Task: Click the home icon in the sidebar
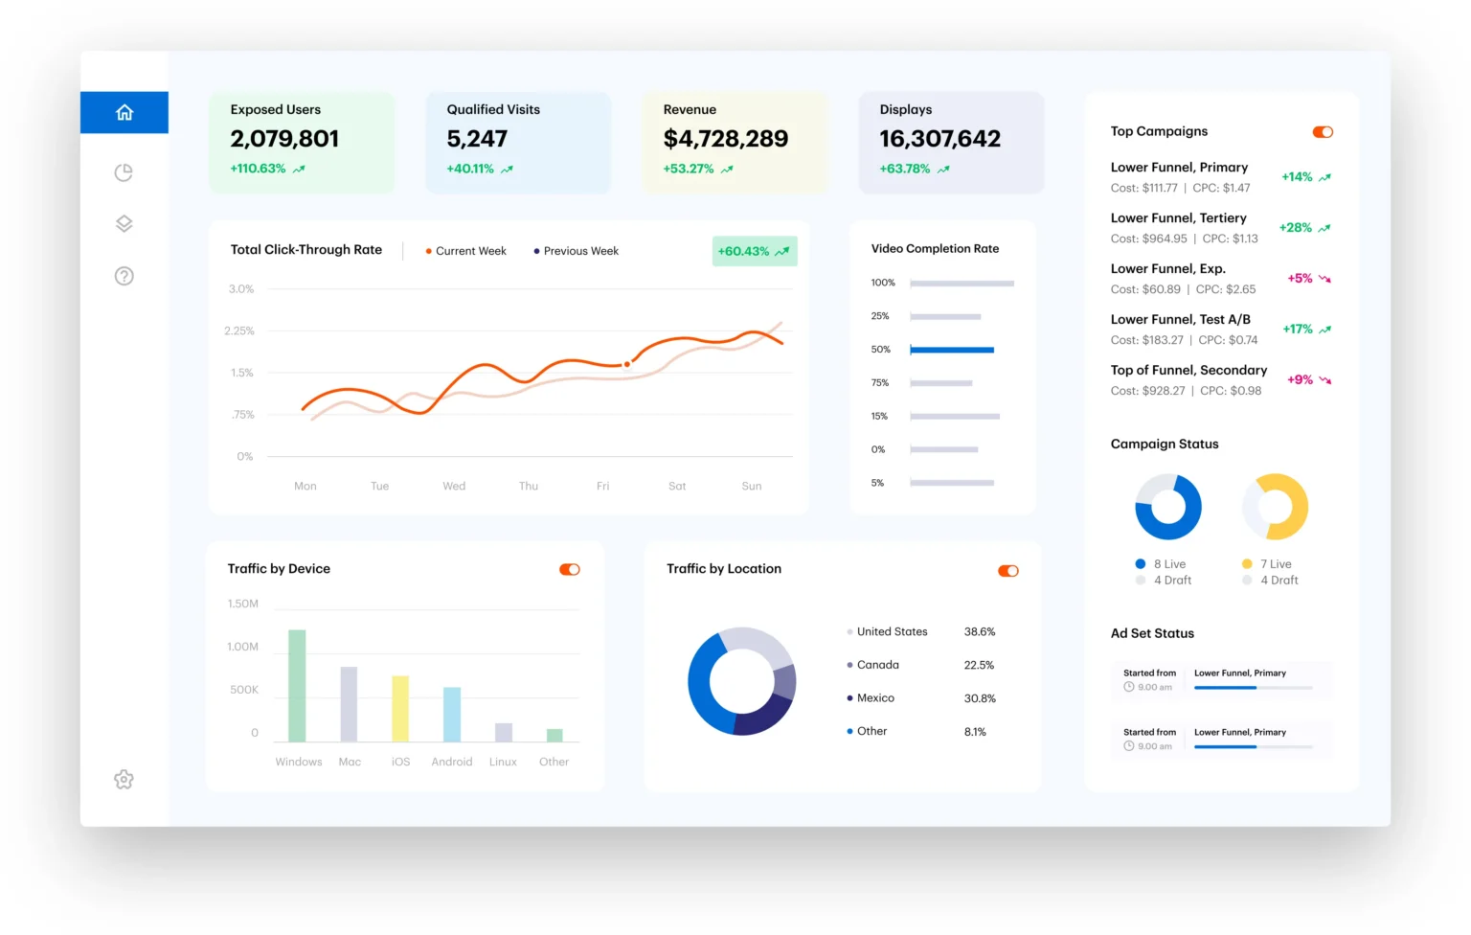124,112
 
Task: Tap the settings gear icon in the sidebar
124,780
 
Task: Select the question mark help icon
124,276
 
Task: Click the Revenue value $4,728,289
725,139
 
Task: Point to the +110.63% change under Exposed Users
259,169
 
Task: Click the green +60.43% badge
754,251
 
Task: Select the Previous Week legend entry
577,251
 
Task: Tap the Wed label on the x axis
454,486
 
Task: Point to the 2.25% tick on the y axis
239,331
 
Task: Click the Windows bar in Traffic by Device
297,685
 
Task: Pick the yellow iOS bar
400,708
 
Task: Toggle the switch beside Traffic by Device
570,569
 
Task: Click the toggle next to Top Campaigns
1323,132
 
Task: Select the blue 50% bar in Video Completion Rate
951,350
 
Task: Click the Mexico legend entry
874,698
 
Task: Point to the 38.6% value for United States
979,632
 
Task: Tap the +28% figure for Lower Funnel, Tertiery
1296,228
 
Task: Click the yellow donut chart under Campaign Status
1276,506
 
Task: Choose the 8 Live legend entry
1168,564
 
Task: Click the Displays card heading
906,110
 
